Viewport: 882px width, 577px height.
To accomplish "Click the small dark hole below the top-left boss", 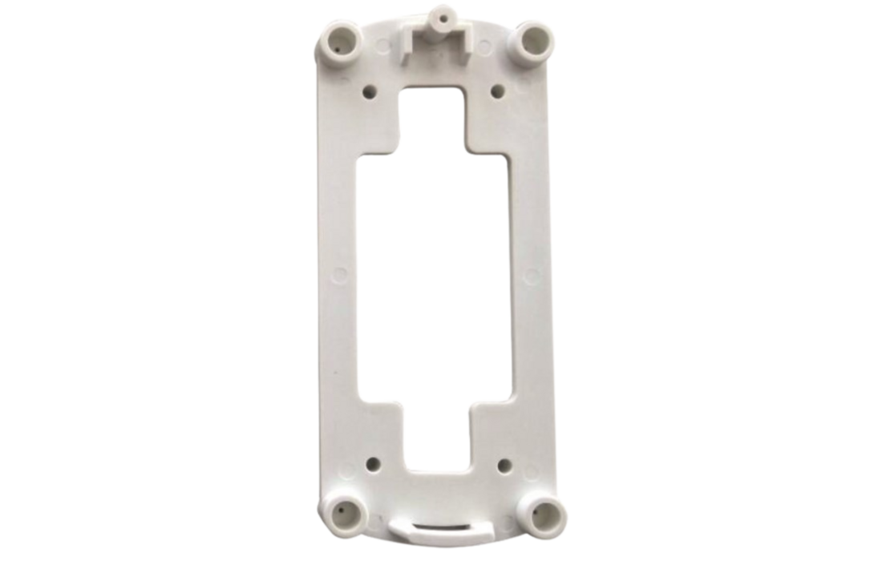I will coord(370,91).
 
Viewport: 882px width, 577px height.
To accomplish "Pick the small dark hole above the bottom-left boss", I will coord(374,463).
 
